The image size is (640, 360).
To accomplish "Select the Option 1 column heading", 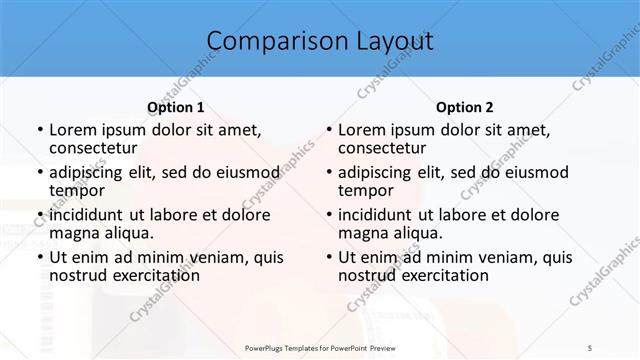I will (x=176, y=106).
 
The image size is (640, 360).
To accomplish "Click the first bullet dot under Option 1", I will (x=39, y=130).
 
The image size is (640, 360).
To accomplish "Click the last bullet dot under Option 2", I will (x=327, y=257).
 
